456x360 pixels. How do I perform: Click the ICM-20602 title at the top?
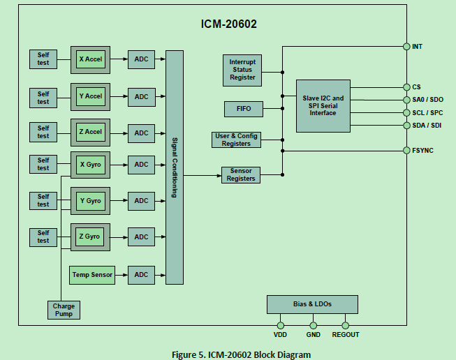point(228,24)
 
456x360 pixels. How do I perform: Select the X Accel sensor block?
point(90,59)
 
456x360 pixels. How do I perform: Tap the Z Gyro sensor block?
point(90,237)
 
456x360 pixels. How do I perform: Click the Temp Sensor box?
point(92,275)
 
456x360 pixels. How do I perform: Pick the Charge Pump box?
point(64,310)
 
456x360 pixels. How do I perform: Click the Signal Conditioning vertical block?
point(174,167)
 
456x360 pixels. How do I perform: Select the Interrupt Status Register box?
point(242,70)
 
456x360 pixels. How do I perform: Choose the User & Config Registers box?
point(236,140)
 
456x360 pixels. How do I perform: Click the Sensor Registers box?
point(240,174)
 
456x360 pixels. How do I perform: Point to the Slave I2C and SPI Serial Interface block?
point(323,105)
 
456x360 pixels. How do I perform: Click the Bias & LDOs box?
point(312,304)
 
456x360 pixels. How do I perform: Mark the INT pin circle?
point(406,47)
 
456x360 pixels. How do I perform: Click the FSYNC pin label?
point(422,150)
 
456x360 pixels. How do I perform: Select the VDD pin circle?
point(280,325)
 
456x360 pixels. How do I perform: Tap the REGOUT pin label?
point(345,335)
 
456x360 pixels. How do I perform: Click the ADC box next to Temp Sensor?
point(141,275)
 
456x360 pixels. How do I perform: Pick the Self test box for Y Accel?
point(43,97)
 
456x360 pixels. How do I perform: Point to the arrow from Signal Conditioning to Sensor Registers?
point(202,175)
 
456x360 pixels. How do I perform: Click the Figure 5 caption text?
point(241,354)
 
